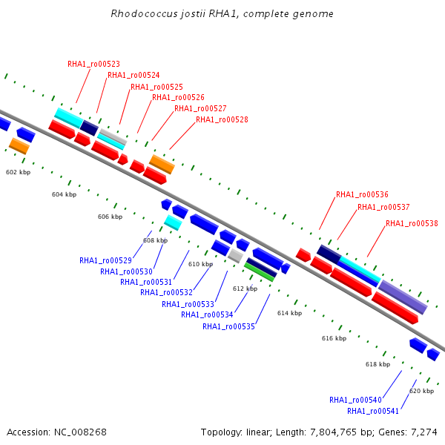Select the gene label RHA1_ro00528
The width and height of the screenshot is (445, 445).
tap(222, 119)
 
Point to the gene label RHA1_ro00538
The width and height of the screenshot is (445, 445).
tap(412, 223)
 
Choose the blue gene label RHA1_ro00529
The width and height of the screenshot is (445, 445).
tap(105, 260)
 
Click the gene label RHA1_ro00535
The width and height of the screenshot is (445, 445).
tap(228, 326)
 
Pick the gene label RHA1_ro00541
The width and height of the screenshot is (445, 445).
tap(373, 411)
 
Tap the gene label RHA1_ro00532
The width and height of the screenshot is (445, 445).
tap(166, 292)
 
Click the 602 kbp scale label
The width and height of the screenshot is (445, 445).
tap(18, 172)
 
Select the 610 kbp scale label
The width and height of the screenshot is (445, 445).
tap(200, 264)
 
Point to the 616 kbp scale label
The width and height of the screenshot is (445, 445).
tap(334, 338)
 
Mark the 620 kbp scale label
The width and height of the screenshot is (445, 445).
tap(421, 391)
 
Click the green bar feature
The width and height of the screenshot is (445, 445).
tap(260, 273)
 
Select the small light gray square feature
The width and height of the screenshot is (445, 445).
tap(236, 256)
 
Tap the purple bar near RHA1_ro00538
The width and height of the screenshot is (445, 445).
tap(403, 297)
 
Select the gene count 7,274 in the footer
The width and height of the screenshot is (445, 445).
tap(424, 432)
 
